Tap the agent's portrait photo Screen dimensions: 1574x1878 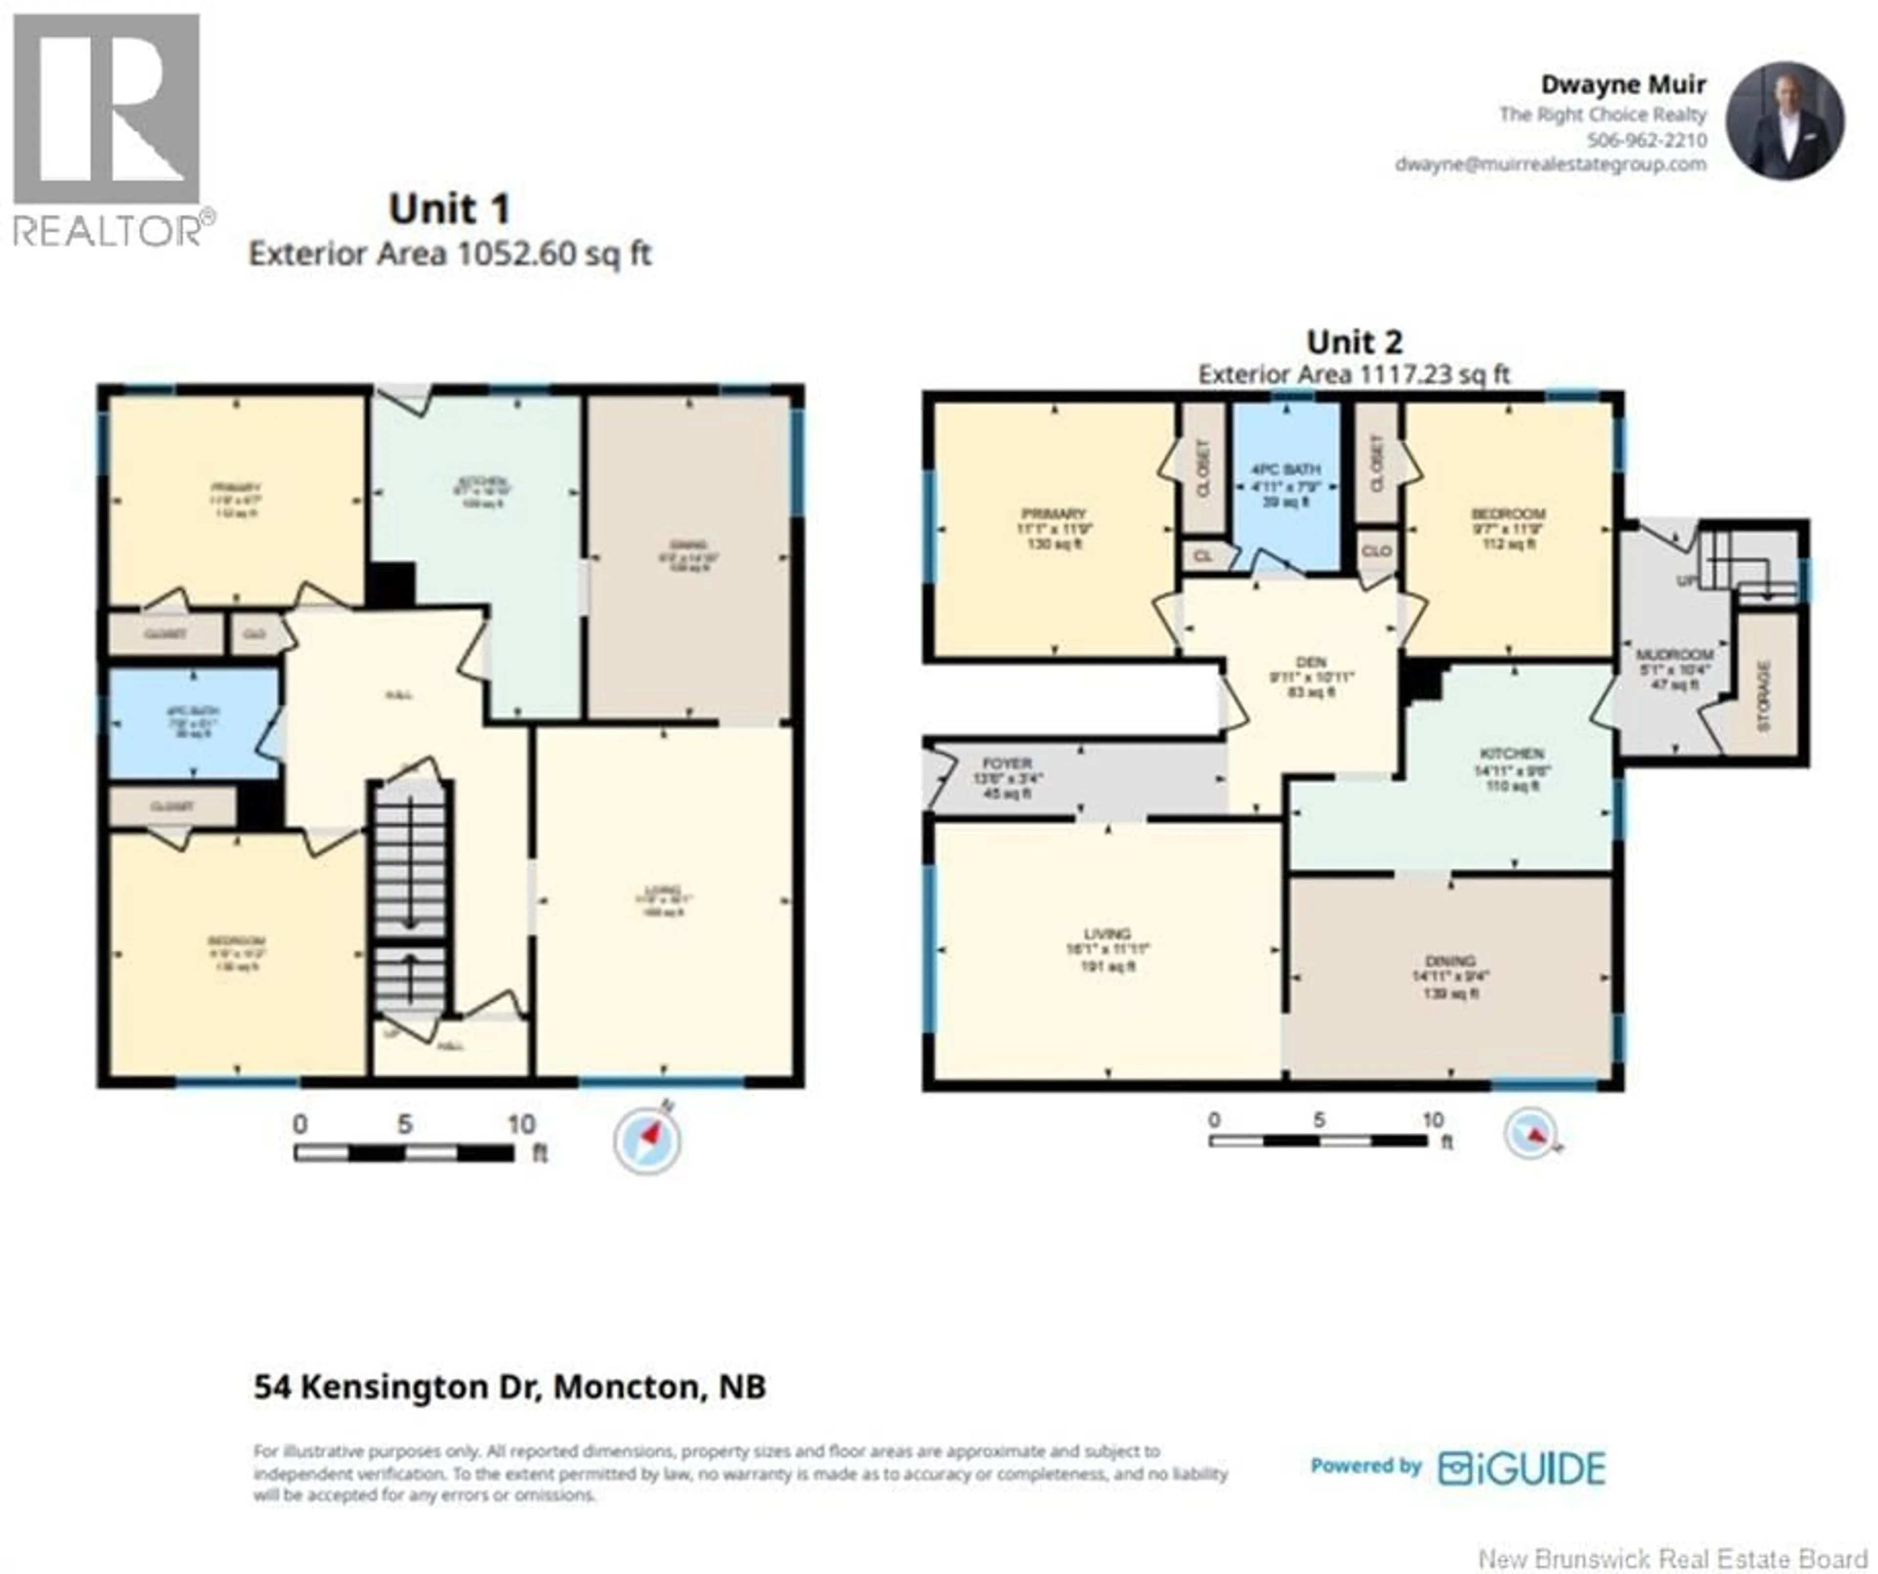pyautogui.click(x=1784, y=121)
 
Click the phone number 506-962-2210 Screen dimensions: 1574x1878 pyautogui.click(x=1646, y=140)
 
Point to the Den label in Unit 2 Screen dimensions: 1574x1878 pyautogui.click(x=1311, y=662)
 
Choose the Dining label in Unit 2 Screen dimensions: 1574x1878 pyautogui.click(x=1450, y=962)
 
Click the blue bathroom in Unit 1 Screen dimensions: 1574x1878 pyautogui.click(x=193, y=722)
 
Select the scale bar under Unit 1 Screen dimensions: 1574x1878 pyautogui.click(x=404, y=1153)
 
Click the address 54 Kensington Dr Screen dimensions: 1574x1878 pyautogui.click(x=510, y=1386)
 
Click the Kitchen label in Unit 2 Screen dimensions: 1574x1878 pyautogui.click(x=1511, y=753)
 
